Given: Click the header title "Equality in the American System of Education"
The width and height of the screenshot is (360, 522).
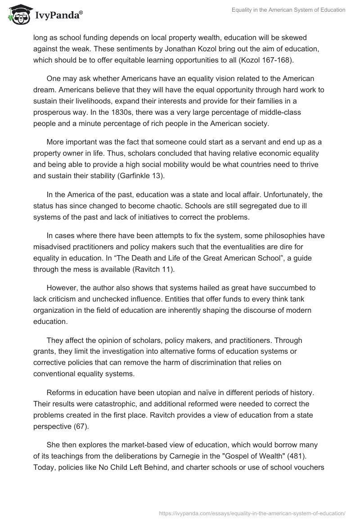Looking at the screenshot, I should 288,10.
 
